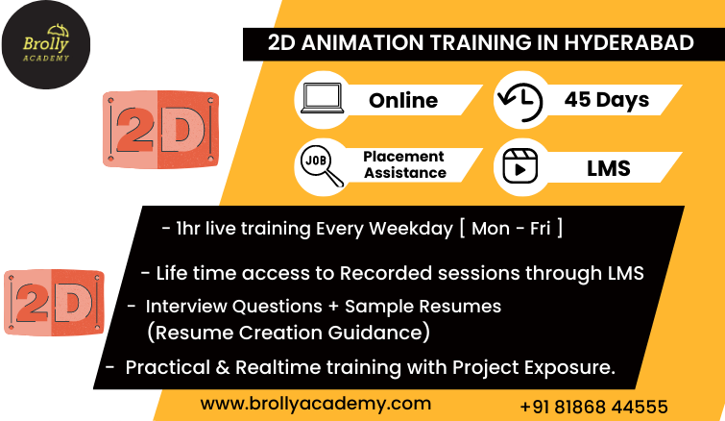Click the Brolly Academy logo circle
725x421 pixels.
click(x=46, y=45)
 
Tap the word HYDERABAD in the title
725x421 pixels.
click(x=629, y=43)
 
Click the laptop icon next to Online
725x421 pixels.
click(x=323, y=98)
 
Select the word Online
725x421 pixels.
click(x=403, y=100)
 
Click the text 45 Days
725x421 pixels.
click(x=607, y=100)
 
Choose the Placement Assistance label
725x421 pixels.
click(x=404, y=164)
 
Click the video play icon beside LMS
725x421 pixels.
click(x=520, y=166)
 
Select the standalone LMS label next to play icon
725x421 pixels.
click(x=609, y=168)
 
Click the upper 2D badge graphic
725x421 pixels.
click(x=160, y=130)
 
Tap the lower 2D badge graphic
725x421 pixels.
click(x=55, y=303)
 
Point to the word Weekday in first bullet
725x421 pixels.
click(x=411, y=229)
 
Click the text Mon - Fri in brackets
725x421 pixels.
click(x=511, y=229)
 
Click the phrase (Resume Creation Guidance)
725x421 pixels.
click(x=288, y=333)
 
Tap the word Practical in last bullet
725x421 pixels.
click(x=168, y=367)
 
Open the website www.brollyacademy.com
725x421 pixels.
click(x=316, y=404)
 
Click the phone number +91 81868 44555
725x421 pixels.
click(x=593, y=408)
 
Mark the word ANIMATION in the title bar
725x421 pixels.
click(x=363, y=43)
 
